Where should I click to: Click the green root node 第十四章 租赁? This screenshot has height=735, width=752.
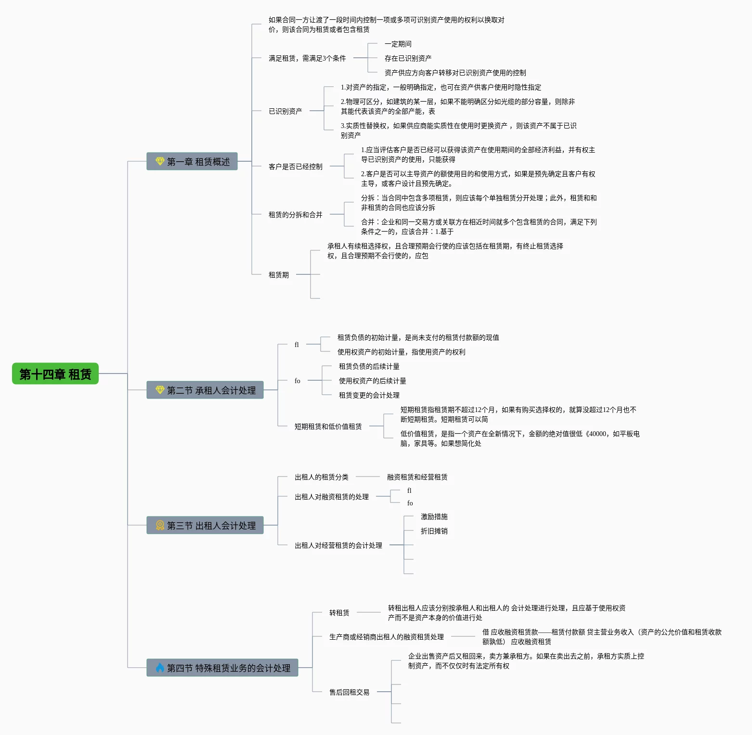55,374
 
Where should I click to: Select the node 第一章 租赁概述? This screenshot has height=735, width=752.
192,161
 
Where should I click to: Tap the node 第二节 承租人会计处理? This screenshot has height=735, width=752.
205,390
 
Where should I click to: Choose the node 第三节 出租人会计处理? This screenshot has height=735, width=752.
205,525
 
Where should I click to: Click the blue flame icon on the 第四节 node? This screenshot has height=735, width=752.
160,668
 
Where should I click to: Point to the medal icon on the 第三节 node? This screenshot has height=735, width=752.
160,525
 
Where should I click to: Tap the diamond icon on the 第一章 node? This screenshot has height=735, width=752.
160,161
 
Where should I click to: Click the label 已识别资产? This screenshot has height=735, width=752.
285,111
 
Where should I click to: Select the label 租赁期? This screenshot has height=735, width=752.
278,275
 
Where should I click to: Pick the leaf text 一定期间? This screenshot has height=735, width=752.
398,44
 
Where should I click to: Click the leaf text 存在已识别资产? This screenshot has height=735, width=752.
408,58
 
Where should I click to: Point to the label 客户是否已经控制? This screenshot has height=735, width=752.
295,167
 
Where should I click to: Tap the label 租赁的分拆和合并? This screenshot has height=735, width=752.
295,215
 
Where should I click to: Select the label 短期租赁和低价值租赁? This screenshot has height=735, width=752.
328,426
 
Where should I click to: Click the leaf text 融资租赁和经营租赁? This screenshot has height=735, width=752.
417,477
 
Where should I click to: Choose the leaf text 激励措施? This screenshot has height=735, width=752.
434,516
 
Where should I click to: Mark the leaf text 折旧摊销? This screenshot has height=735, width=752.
434,531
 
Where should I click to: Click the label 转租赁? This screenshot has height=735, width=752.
339,613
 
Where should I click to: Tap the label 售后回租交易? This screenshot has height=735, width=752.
349,692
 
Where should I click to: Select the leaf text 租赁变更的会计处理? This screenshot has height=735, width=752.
369,395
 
